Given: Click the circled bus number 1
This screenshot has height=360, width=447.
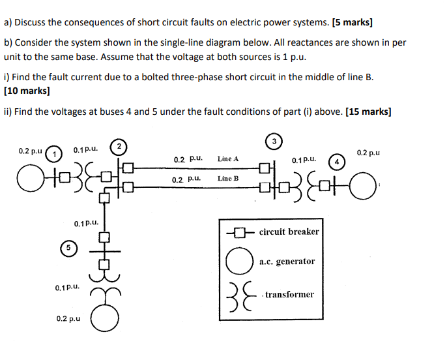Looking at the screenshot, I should coord(57,153).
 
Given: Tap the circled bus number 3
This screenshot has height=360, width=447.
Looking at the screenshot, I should coord(274,141).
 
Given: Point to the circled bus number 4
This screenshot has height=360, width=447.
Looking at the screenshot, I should coord(336,160).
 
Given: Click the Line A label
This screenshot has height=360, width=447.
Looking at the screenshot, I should coord(228,158).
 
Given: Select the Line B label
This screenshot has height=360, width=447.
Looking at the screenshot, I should coord(228,178).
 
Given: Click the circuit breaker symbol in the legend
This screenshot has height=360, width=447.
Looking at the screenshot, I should coord(239,232).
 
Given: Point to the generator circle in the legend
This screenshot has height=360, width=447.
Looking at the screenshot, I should coord(237,262).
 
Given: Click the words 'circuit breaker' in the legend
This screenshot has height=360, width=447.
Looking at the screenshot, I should coord(289,232).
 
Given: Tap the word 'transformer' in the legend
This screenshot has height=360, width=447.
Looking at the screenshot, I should coord(290,294).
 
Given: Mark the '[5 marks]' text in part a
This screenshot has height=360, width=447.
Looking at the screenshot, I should coord(353,22).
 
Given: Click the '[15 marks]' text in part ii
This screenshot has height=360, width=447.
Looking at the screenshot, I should coord(368,112).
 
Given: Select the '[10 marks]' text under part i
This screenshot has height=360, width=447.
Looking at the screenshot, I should coord(27,91).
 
